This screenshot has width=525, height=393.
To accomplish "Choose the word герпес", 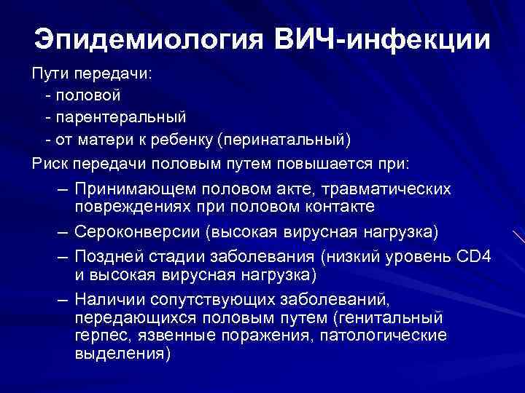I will (98, 336).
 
